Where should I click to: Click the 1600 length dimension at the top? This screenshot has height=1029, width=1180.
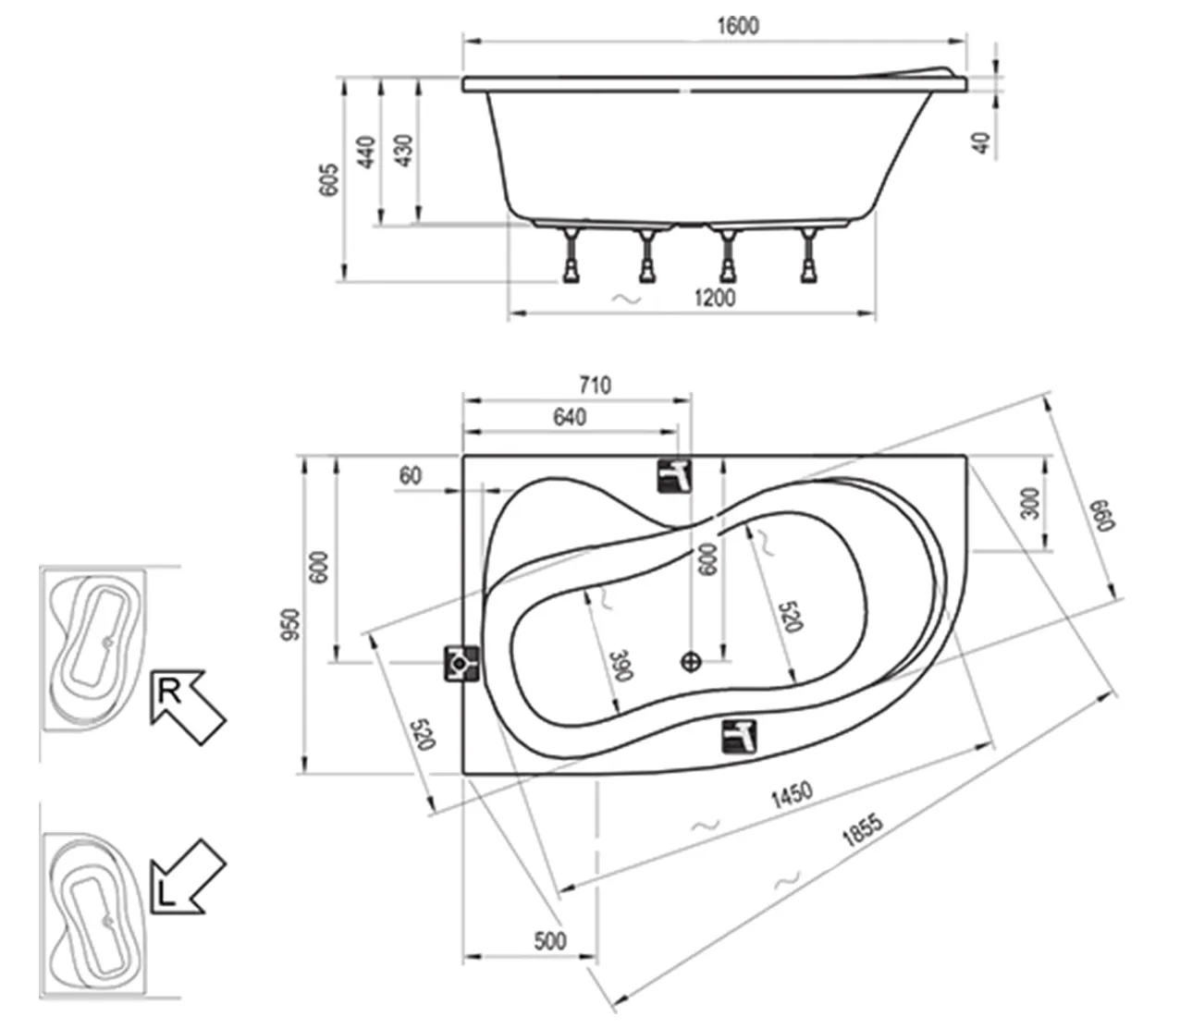click(737, 26)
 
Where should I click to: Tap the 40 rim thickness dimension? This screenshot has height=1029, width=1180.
click(982, 142)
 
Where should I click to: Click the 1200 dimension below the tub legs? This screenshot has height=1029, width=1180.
click(714, 298)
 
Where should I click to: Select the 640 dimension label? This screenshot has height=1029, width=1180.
click(569, 418)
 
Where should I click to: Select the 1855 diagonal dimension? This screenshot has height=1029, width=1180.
click(862, 831)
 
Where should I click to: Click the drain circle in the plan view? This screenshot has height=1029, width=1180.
click(691, 661)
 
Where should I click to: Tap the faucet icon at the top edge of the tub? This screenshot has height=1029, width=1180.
click(675, 476)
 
